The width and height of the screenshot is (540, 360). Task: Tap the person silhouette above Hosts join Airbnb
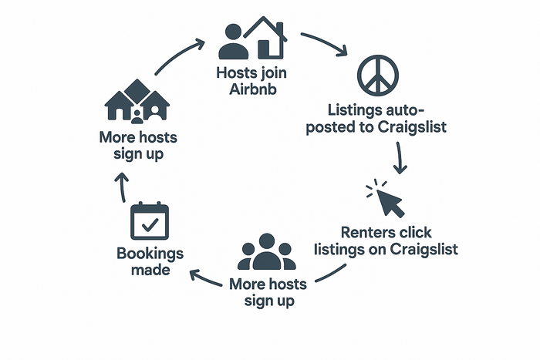[234, 42]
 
